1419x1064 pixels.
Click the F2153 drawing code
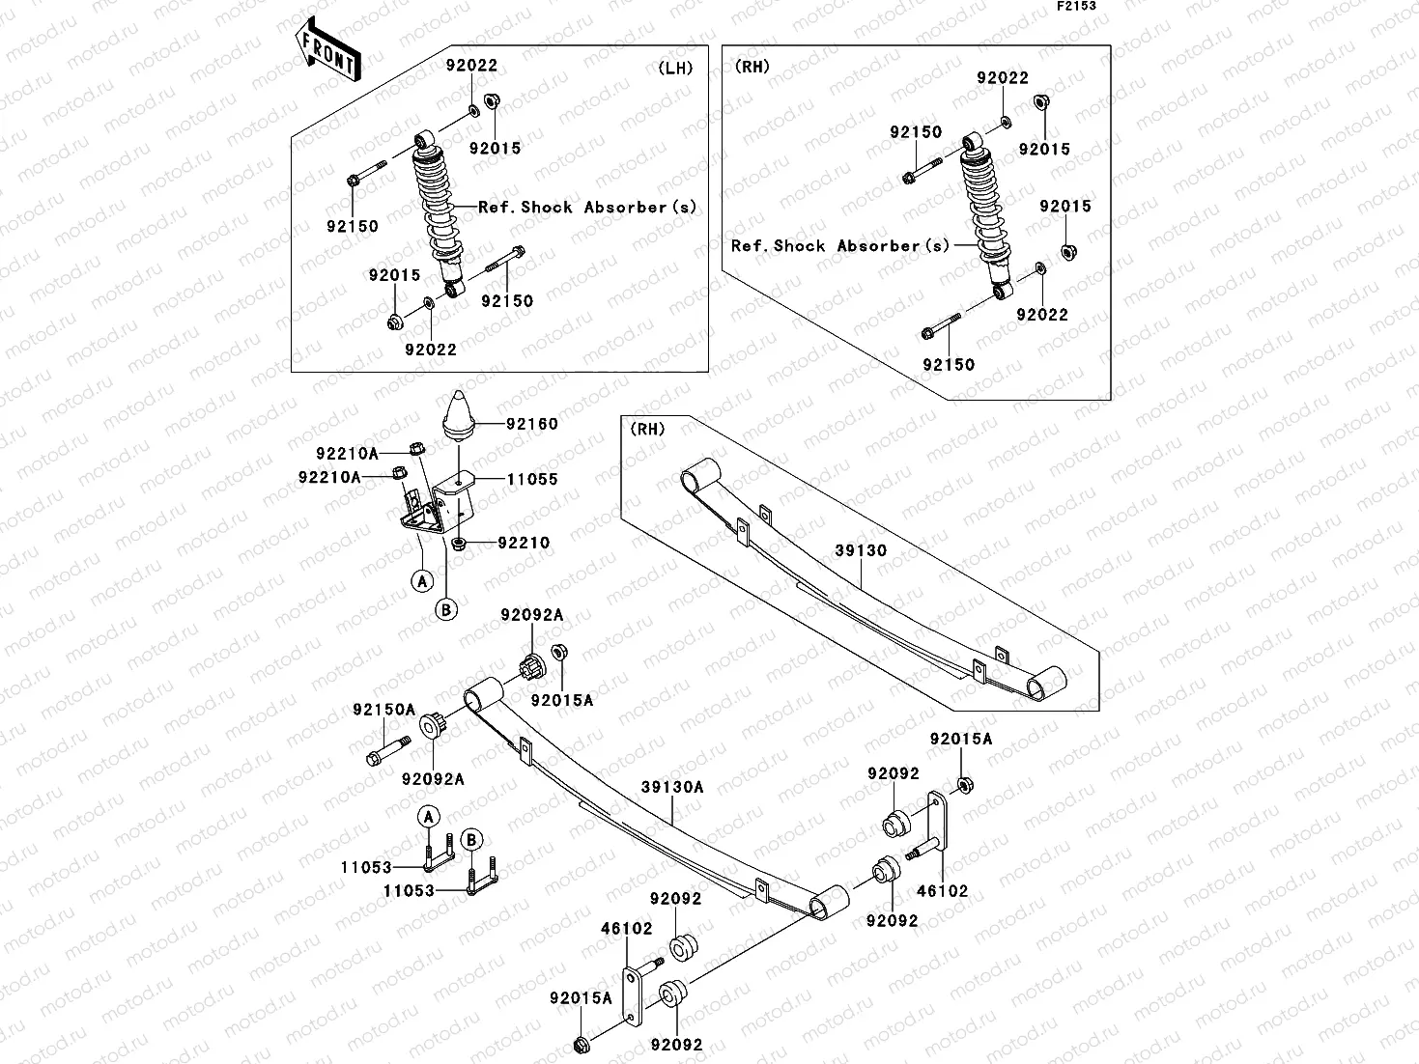pos(1076,6)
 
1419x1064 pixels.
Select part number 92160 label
pos(529,424)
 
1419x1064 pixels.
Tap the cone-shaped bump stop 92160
pos(462,415)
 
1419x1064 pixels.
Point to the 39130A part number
pos(672,787)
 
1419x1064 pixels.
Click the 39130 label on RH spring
pos(861,550)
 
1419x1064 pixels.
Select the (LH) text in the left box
pos(676,68)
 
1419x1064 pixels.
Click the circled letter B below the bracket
pos(447,609)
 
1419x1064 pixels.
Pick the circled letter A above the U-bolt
pos(430,816)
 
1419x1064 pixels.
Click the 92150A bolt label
pos(383,710)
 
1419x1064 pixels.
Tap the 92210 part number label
pos(524,543)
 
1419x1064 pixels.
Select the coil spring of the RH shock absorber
pos(986,203)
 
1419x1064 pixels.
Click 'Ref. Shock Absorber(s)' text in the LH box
pos(587,208)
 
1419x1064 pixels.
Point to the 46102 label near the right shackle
pos(942,891)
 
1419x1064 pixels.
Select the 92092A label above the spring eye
pos(531,615)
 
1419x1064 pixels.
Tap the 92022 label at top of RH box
pos(1003,78)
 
